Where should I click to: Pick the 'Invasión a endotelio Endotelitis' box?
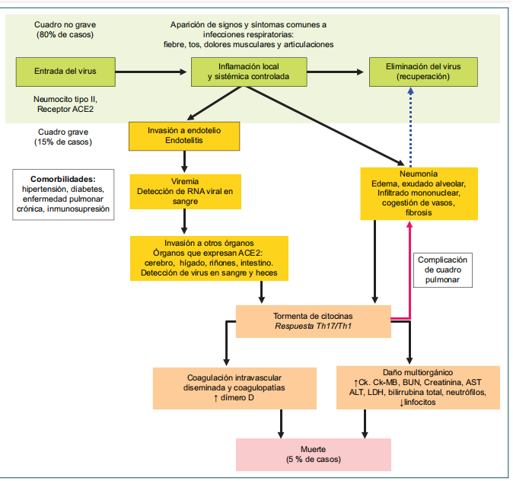pyautogui.click(x=185, y=135)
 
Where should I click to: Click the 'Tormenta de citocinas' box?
pyautogui.click(x=313, y=320)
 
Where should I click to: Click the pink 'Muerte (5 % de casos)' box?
pyautogui.click(x=313, y=453)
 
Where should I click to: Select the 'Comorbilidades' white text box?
pyautogui.click(x=63, y=193)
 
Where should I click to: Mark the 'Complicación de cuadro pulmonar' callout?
pyautogui.click(x=443, y=270)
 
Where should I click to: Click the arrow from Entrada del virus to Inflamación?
pyautogui.click(x=150, y=72)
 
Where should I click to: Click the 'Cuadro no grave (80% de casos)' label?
pyautogui.click(x=62, y=30)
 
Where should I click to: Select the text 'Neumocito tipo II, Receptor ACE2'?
pyautogui.click(x=65, y=105)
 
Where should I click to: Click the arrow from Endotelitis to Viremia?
pyautogui.click(x=185, y=161)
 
